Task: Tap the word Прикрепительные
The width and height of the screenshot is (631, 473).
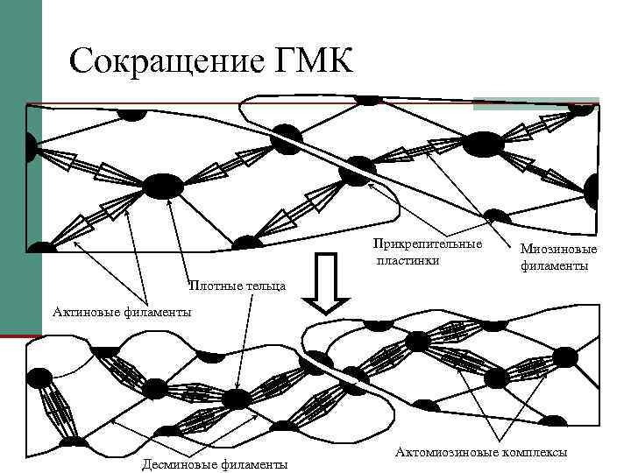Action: click(427, 243)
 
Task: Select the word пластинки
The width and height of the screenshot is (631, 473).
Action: click(408, 260)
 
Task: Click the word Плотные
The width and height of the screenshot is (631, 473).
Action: click(210, 286)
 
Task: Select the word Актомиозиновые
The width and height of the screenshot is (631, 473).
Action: click(447, 453)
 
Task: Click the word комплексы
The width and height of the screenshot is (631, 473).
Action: click(534, 453)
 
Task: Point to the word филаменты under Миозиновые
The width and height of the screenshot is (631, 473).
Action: click(555, 265)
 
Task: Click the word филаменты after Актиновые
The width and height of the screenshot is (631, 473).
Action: click(160, 311)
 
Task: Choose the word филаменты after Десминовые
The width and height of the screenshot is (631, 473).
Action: click(254, 464)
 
